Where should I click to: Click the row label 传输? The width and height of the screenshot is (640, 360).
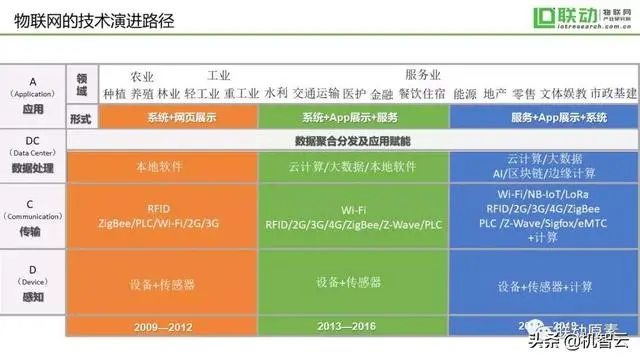tap(33, 229)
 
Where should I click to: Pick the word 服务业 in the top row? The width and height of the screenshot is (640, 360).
tap(423, 76)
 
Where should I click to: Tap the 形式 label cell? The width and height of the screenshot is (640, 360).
tap(83, 117)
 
